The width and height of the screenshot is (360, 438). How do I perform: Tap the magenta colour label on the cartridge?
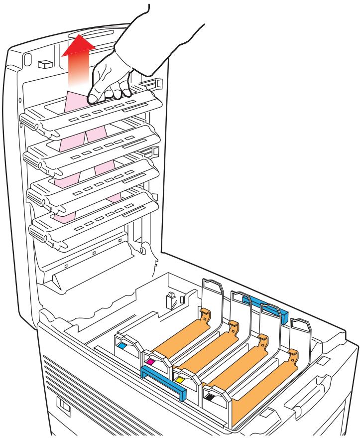[x=150, y=359]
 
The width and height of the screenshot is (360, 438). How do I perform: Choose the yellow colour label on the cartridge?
[x=180, y=381]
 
